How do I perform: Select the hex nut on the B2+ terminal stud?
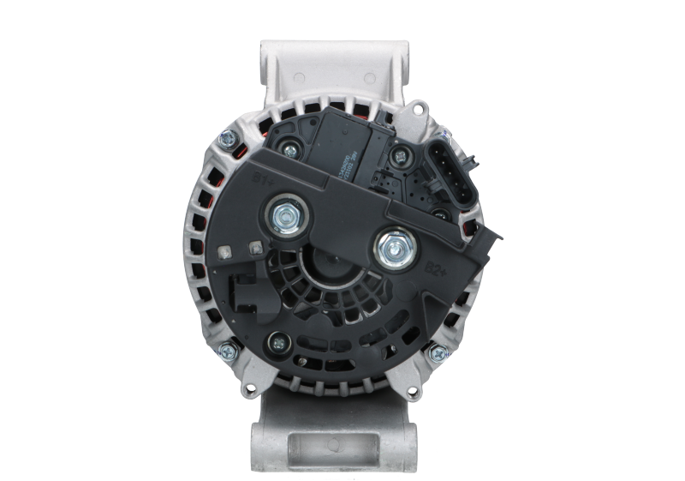(395, 250)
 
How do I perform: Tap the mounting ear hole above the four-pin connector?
(419, 108)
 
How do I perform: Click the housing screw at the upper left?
(226, 136)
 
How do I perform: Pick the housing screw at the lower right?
(439, 352)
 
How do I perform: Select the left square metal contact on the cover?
(225, 252)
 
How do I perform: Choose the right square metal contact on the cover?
(254, 248)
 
